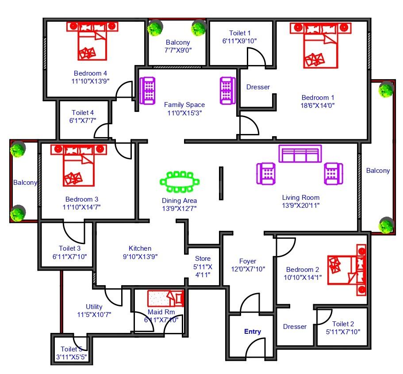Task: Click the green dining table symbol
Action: click(180, 182)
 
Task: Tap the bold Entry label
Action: click(253, 332)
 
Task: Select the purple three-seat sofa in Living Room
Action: click(300, 153)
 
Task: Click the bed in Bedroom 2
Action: click(347, 270)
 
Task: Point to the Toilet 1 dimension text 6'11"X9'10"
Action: click(239, 41)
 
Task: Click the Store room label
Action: click(203, 259)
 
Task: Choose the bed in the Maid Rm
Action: click(166, 298)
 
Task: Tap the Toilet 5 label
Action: click(71, 349)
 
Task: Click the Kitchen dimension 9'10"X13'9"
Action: click(140, 256)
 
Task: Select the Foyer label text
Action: click(247, 261)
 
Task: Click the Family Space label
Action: click(184, 104)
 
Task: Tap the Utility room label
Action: click(94, 307)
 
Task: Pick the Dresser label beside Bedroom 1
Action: click(258, 87)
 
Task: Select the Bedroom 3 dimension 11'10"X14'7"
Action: click(81, 207)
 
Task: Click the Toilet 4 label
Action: click(82, 112)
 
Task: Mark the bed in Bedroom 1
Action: click(321, 46)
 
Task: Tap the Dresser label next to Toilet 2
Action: click(295, 327)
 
